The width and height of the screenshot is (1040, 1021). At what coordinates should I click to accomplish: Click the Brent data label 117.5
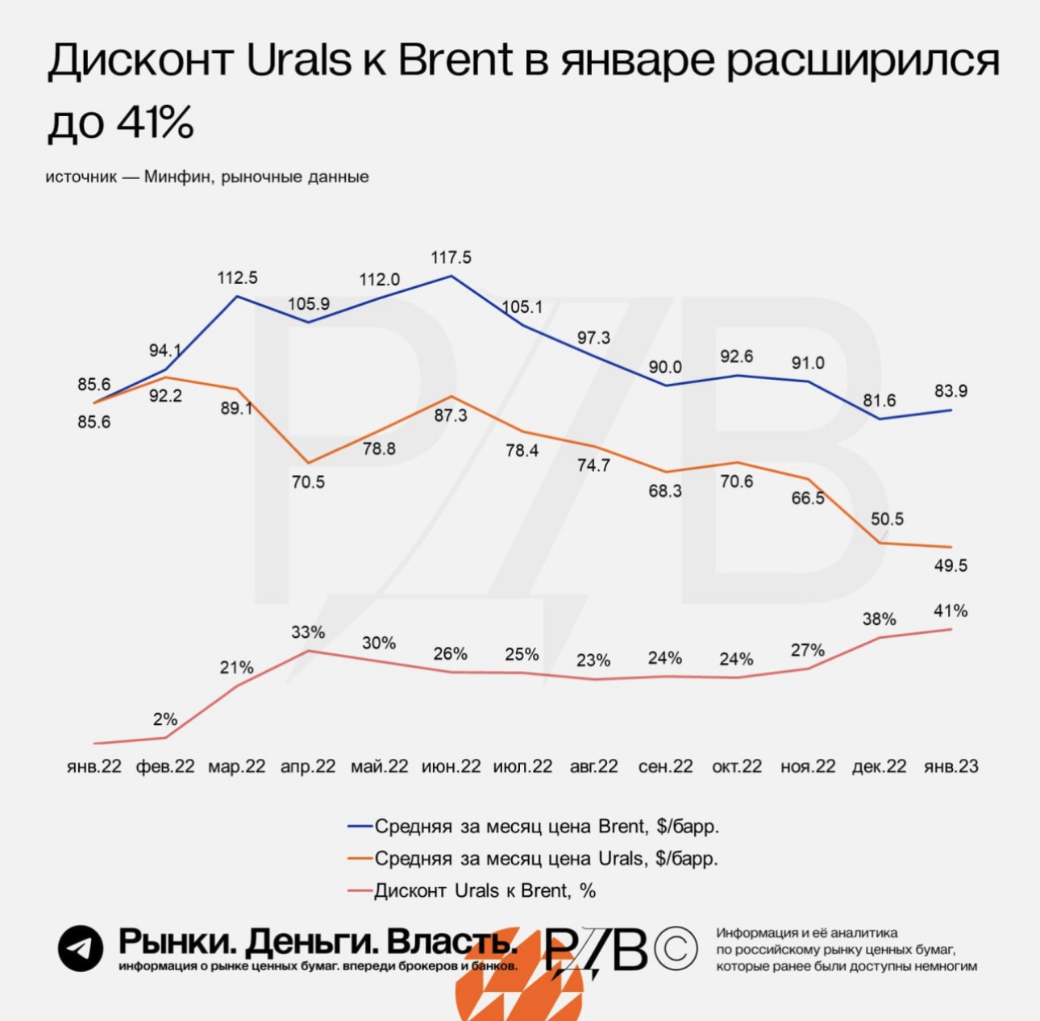pos(451,258)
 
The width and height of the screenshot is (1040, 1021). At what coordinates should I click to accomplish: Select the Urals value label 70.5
pos(308,482)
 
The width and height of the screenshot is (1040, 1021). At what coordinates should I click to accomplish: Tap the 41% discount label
pos(951,611)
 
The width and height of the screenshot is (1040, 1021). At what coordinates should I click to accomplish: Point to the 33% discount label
pos(308,632)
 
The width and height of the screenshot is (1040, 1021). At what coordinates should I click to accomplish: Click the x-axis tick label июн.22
pos(451,766)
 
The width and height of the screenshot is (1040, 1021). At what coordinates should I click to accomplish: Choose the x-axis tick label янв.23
pos(951,766)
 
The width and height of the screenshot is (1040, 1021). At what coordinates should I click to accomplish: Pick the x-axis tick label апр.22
pos(308,766)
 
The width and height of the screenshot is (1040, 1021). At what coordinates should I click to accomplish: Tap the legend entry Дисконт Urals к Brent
pos(484,891)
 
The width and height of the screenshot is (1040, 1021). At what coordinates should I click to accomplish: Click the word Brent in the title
pos(456,60)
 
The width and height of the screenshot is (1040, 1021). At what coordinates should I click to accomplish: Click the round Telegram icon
pos(81,948)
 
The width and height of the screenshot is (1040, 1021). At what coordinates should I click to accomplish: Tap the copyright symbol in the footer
pos(676,948)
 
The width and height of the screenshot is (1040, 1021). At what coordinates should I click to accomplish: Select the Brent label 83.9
pos(951,391)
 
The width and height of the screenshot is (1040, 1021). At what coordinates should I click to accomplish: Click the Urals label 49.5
pos(951,566)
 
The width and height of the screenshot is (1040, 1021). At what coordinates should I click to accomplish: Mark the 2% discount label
pos(165,719)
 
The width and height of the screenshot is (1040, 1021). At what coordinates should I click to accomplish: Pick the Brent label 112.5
pos(237,278)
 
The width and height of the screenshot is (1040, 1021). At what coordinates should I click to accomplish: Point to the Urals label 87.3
pos(451,416)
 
